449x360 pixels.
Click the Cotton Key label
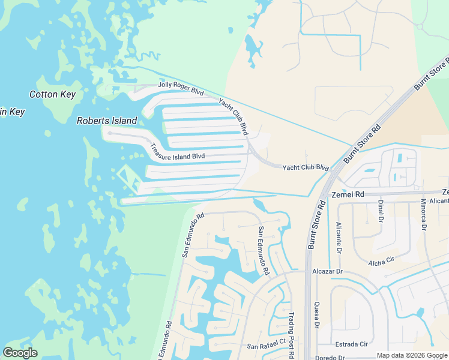pyautogui.click(x=53, y=94)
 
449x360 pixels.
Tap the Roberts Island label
pyautogui.click(x=107, y=121)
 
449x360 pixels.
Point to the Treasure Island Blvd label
pyautogui.click(x=177, y=152)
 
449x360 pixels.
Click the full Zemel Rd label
pyautogui.click(x=348, y=195)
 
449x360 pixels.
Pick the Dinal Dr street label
pyautogui.click(x=381, y=211)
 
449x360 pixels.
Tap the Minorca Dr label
pyautogui.click(x=424, y=215)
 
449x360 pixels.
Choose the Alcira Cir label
pyautogui.click(x=381, y=259)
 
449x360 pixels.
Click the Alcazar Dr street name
pyautogui.click(x=327, y=271)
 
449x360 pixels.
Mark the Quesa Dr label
pyautogui.click(x=316, y=316)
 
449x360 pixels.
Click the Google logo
pyautogui.click(x=20, y=353)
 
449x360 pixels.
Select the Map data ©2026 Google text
pyautogui.click(x=412, y=355)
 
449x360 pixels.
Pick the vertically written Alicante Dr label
pyautogui.click(x=340, y=238)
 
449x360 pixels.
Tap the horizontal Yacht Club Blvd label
pyautogui.click(x=306, y=167)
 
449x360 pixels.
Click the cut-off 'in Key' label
pyautogui.click(x=12, y=112)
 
